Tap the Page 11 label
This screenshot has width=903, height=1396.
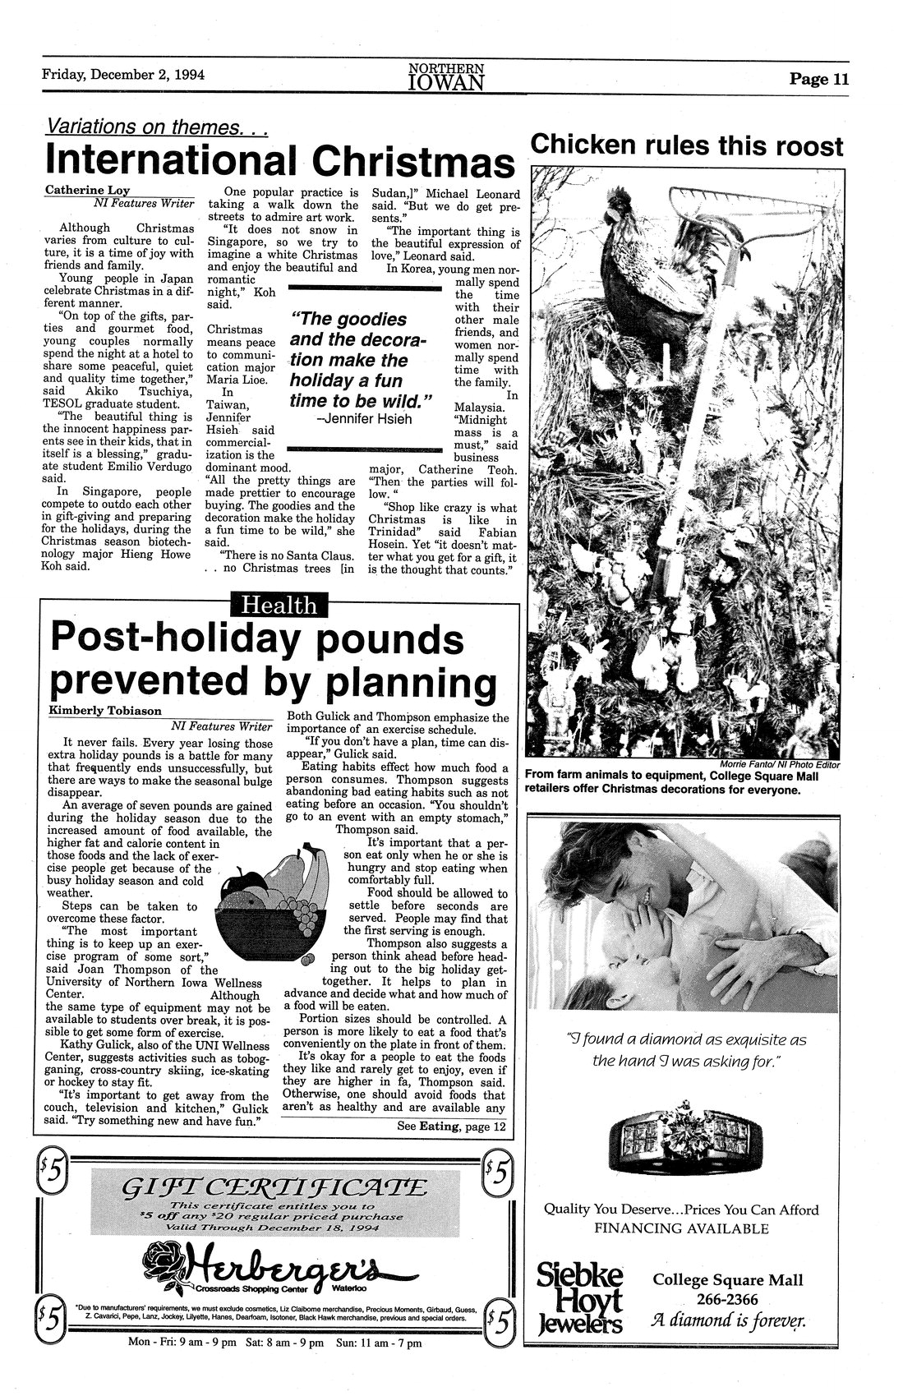[818, 80]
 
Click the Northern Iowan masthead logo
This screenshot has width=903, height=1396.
[445, 76]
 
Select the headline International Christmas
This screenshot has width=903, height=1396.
[279, 159]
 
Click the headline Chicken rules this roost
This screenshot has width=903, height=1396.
[687, 145]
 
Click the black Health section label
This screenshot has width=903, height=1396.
[280, 606]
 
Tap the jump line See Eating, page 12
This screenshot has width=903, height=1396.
[452, 1126]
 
